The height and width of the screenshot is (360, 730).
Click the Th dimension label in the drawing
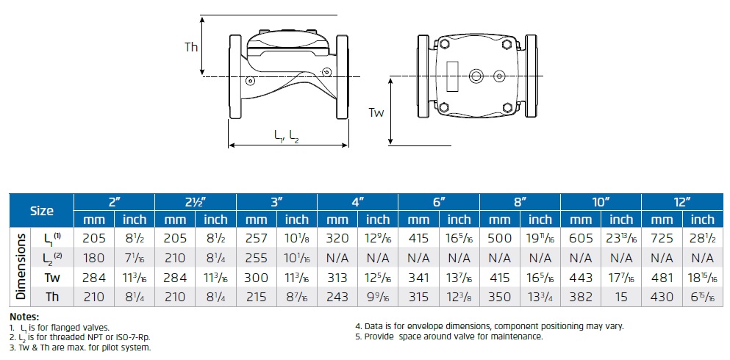191,47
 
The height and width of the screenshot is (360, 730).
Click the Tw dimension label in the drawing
376,112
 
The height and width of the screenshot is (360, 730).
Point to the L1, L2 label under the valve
286,136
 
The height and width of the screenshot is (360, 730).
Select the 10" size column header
601,202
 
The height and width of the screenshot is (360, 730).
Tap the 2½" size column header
195,202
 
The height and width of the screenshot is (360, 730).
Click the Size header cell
42,211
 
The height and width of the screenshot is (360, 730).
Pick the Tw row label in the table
52,278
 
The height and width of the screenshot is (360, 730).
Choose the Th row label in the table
52,297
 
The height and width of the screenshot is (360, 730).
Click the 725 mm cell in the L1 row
662,238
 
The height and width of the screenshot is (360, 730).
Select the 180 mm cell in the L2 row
94,258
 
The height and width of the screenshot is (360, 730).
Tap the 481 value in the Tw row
662,278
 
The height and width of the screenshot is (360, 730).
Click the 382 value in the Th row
581,297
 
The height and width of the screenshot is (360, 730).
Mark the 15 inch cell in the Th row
621,297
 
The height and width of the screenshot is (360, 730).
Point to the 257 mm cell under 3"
256,238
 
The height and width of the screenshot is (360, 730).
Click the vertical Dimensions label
20,267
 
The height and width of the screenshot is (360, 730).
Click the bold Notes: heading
24,317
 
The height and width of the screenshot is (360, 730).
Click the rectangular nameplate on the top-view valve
452,76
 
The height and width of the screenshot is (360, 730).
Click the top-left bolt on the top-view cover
443,44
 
